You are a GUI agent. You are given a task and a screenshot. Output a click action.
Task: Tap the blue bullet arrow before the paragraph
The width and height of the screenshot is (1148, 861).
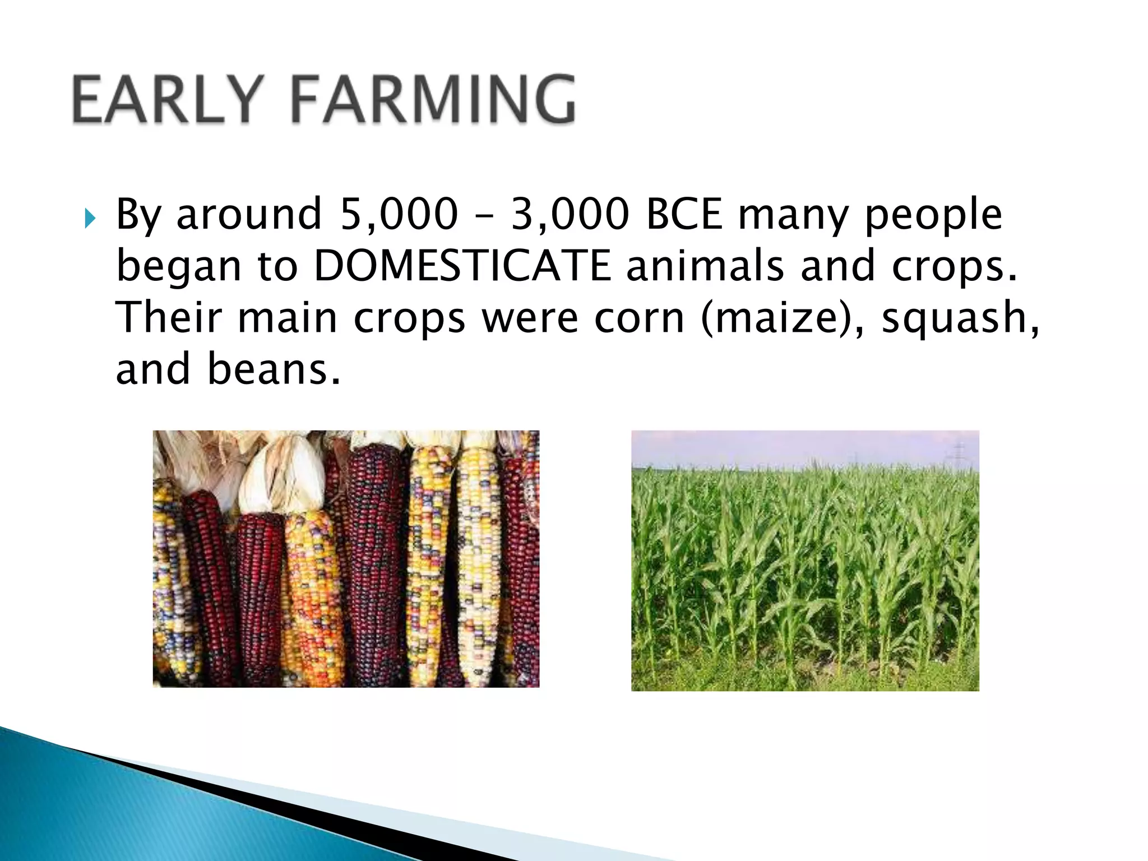90,218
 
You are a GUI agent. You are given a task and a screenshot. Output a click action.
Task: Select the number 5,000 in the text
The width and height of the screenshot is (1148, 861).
399,214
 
